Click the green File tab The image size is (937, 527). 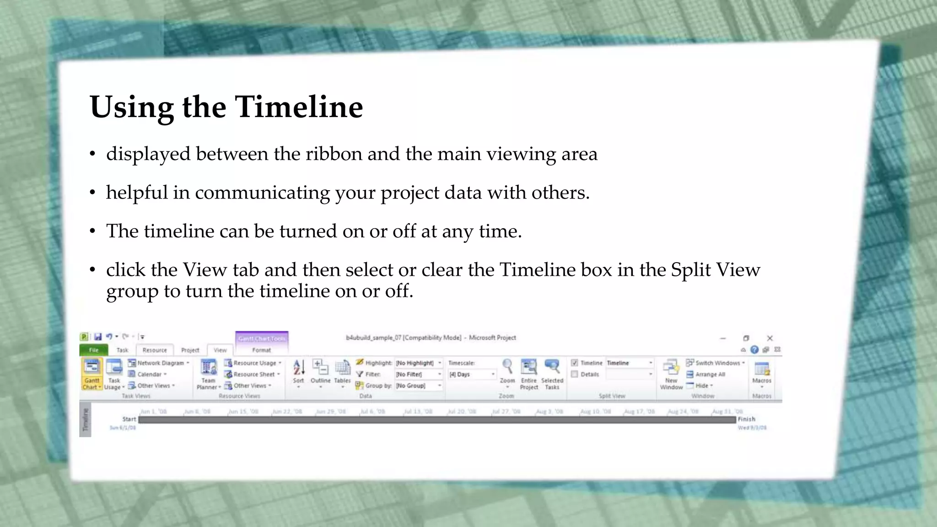pos(94,350)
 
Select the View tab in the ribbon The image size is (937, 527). pos(220,350)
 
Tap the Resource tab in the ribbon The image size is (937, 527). pos(155,350)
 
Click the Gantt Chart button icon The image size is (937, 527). pos(92,368)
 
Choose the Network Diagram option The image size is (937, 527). pos(160,363)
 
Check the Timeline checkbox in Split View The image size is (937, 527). pos(575,363)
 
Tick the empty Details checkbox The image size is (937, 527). pos(575,374)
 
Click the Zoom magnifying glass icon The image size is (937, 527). pos(507,367)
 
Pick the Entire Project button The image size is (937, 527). pos(529,373)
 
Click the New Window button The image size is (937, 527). pos(671,373)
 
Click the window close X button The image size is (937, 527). pos(770,338)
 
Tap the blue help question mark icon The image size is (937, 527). pos(754,350)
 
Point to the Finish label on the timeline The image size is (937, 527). pos(746,419)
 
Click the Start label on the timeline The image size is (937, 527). pos(129,419)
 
